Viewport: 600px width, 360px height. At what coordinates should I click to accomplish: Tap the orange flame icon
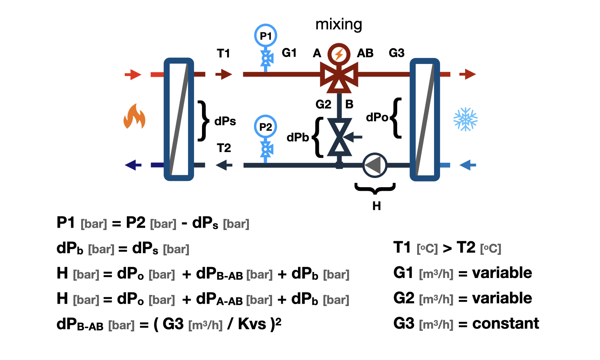pos(134,116)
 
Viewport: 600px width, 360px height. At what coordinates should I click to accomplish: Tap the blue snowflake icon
pos(465,119)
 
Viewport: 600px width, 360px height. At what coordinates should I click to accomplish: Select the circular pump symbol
pos(375,165)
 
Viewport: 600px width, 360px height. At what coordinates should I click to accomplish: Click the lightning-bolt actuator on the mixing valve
pos(339,54)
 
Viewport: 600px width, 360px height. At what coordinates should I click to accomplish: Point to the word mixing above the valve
pos(339,24)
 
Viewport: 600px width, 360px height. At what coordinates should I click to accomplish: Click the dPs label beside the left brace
pos(225,121)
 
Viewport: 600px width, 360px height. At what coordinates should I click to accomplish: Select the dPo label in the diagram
pos(377,117)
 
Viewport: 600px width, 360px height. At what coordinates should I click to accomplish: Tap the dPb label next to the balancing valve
pos(298,138)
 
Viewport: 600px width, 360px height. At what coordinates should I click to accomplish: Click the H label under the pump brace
pos(377,206)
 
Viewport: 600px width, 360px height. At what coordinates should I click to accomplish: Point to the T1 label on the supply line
pos(223,53)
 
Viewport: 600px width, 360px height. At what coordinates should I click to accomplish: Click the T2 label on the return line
pos(224,148)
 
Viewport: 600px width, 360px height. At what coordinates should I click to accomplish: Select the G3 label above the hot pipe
pos(396,53)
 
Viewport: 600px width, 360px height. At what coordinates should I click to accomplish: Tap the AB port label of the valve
pos(365,53)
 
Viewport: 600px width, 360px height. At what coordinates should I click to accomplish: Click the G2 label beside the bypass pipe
pos(323,104)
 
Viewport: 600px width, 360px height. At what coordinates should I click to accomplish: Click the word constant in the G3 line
pos(506,323)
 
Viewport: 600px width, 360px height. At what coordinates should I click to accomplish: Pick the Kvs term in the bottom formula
pos(252,324)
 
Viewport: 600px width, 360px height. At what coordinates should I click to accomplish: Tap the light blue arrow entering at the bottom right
pos(468,165)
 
